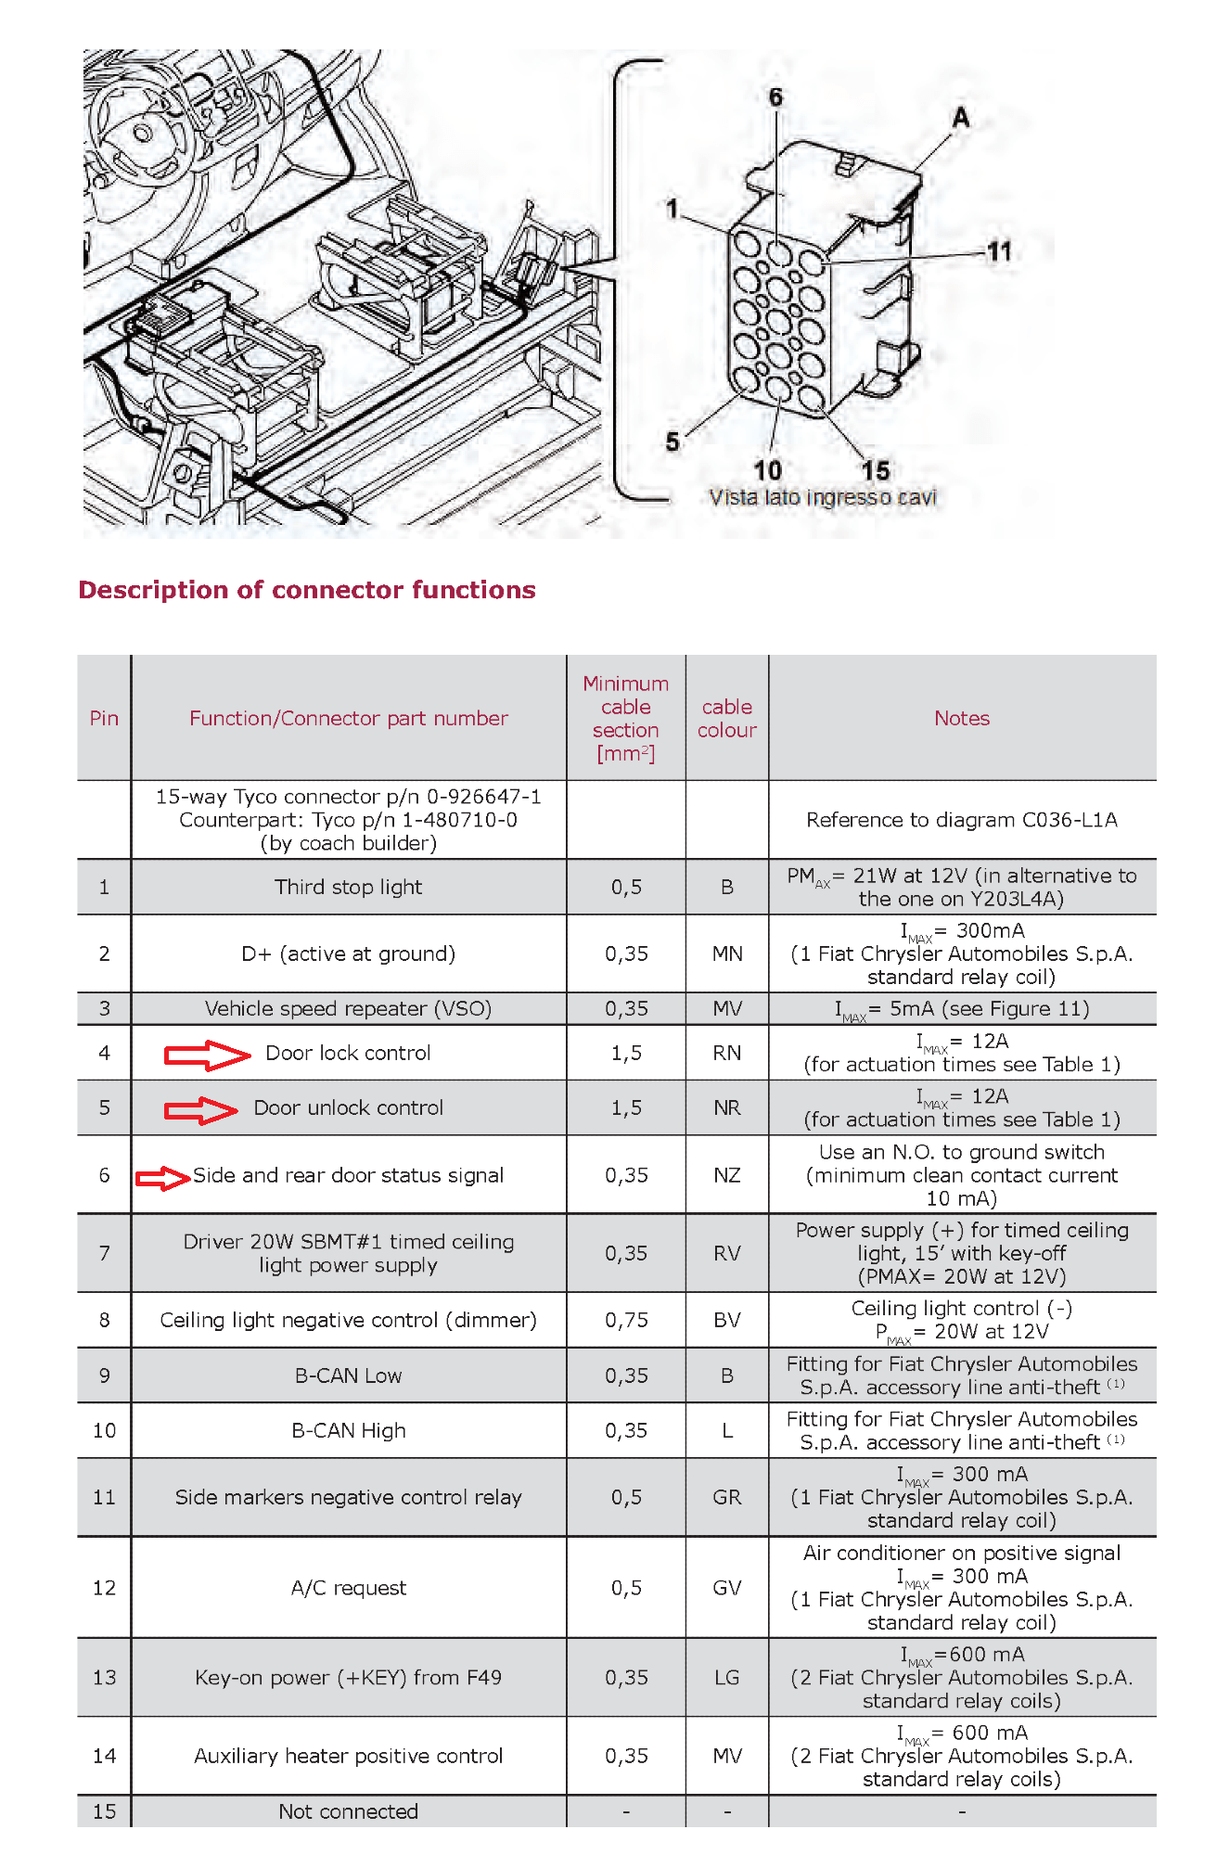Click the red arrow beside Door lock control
point(207,1055)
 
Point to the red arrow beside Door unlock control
point(200,1109)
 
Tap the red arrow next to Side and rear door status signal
point(163,1178)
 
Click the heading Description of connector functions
point(307,590)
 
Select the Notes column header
point(962,718)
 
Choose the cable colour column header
point(727,718)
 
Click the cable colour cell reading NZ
point(727,1175)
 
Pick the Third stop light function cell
point(348,887)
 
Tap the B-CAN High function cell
point(348,1430)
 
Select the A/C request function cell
point(348,1588)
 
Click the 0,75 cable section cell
point(626,1320)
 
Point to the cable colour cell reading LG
point(727,1677)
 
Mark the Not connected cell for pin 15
point(348,1811)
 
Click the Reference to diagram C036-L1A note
point(962,820)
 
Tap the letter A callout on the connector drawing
point(961,118)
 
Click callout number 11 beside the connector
point(999,251)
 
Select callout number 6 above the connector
point(775,96)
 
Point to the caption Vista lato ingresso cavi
point(823,497)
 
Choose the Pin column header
point(104,718)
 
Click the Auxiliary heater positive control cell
point(348,1756)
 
